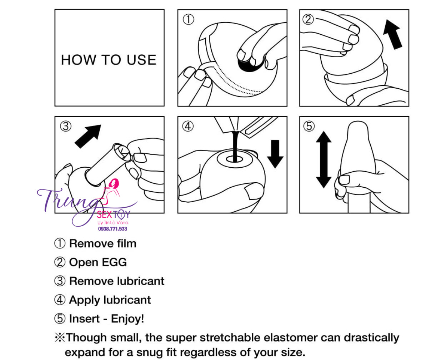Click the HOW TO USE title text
[109, 60]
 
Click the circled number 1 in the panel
[189, 19]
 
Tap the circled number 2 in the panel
[309, 19]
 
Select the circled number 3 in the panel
[65, 126]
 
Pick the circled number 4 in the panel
[188, 126]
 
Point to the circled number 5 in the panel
[309, 126]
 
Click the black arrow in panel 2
[393, 34]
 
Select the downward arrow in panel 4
[275, 154]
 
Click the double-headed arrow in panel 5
[324, 159]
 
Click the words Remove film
[103, 244]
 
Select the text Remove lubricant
[117, 281]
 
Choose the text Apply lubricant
[110, 300]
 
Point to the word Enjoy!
[127, 319]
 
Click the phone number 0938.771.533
[113, 229]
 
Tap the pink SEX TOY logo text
[114, 214]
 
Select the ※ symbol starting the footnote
[60, 337]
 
